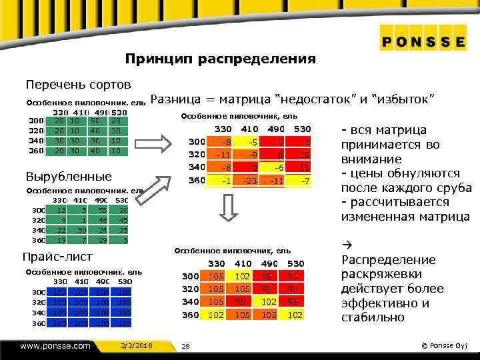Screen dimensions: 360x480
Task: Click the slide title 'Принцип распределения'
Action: coord(220,59)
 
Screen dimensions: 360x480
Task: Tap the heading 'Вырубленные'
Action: coord(68,177)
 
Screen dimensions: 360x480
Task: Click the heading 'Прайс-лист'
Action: coord(59,257)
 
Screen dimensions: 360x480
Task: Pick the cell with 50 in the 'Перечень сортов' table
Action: coord(96,121)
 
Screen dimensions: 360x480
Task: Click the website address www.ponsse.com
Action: coord(55,345)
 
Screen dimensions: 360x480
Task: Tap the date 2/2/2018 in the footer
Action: coord(137,345)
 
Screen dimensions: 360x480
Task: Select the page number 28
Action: coord(186,345)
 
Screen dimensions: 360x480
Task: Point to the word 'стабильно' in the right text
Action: coord(373,317)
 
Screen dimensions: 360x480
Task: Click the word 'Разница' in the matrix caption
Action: coord(175,100)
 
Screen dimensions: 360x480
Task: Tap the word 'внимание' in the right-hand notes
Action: coord(369,159)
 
